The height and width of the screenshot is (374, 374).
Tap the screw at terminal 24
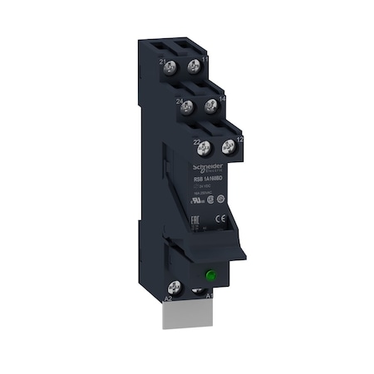[189, 106]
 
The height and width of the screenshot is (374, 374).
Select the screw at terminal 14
[211, 104]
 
